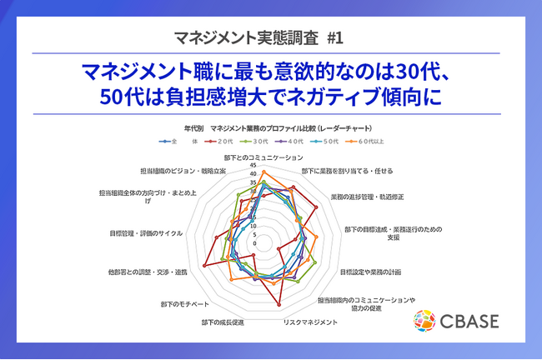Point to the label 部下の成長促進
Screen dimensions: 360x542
(x=223, y=322)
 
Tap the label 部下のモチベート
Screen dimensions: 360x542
(x=179, y=304)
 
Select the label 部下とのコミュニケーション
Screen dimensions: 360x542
(x=263, y=157)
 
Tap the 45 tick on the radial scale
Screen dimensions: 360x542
(x=253, y=165)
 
